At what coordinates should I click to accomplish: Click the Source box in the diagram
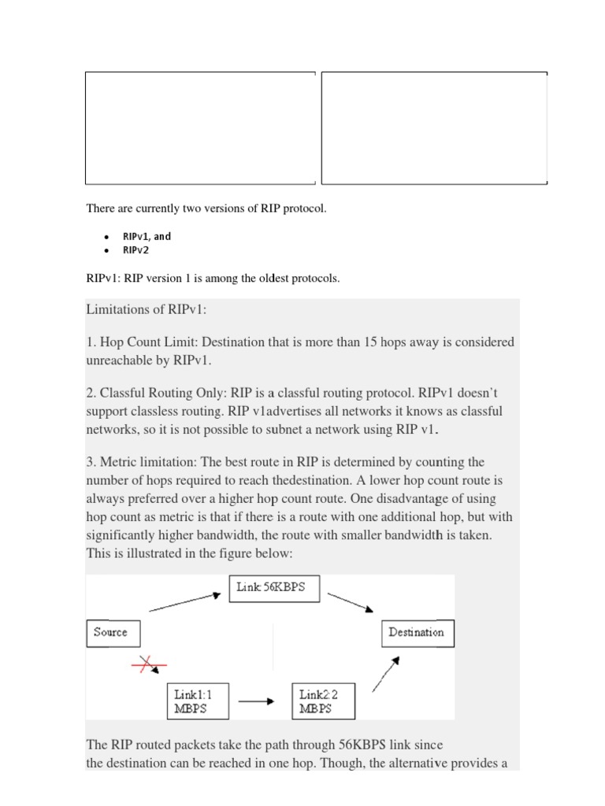[110, 633]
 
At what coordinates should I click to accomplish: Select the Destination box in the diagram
[417, 633]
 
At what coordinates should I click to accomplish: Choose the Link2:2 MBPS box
[323, 701]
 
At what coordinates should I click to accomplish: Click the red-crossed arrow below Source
[150, 666]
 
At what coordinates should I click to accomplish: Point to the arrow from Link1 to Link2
[255, 701]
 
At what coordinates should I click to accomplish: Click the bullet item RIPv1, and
[147, 236]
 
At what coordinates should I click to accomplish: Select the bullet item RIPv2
[135, 250]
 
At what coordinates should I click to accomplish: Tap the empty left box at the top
[200, 128]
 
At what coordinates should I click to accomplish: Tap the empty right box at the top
[434, 128]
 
